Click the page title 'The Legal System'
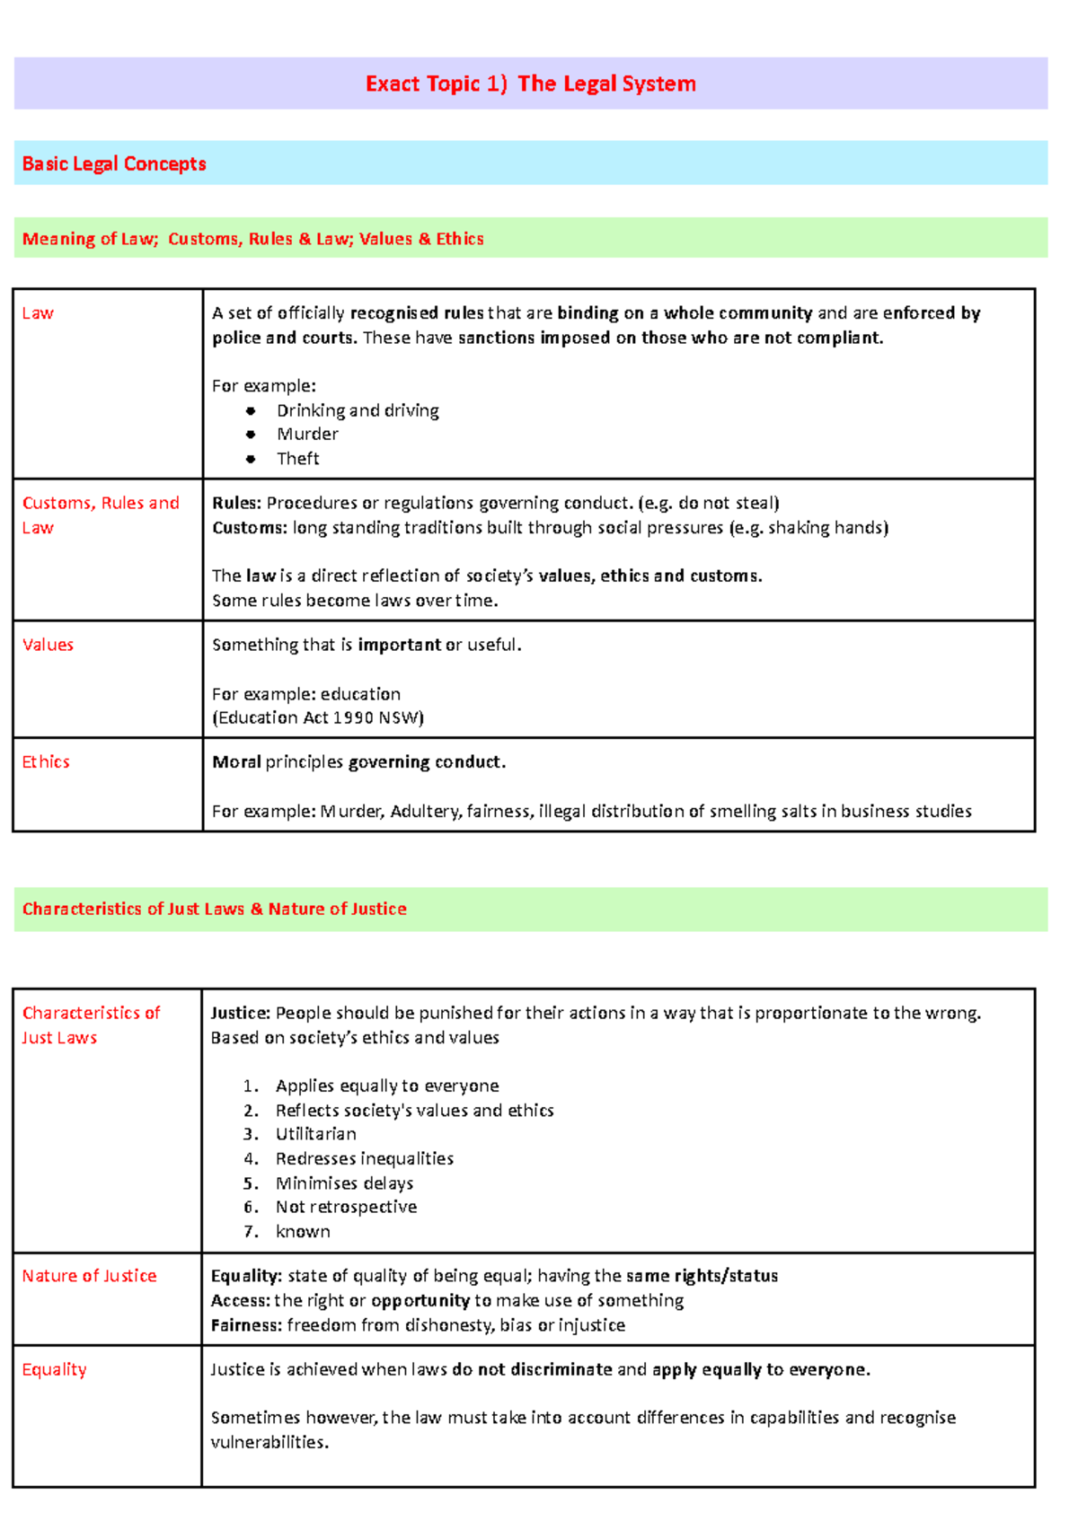[606, 84]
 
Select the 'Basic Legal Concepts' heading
[114, 164]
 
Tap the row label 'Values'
[48, 645]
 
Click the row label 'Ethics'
[46, 761]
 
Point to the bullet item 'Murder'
[307, 435]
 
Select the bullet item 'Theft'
[297, 459]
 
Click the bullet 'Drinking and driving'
[358, 410]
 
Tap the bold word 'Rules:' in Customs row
[236, 503]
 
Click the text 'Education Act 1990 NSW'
[317, 717]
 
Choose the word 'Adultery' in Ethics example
[426, 812]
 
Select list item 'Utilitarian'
[315, 1134]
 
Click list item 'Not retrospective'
[346, 1207]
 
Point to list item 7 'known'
[303, 1232]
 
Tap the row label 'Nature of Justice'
[89, 1276]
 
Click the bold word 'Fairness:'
[245, 1325]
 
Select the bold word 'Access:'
[240, 1301]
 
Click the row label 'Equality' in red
[54, 1369]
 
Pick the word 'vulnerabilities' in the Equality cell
[268, 1443]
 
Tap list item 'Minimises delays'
[344, 1183]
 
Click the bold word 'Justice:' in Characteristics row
[240, 1013]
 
